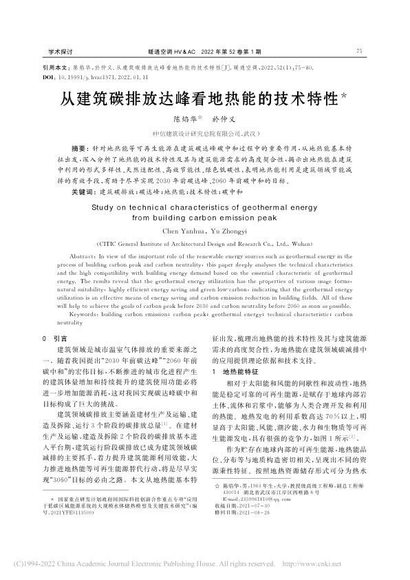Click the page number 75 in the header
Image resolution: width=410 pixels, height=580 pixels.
coord(360,51)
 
